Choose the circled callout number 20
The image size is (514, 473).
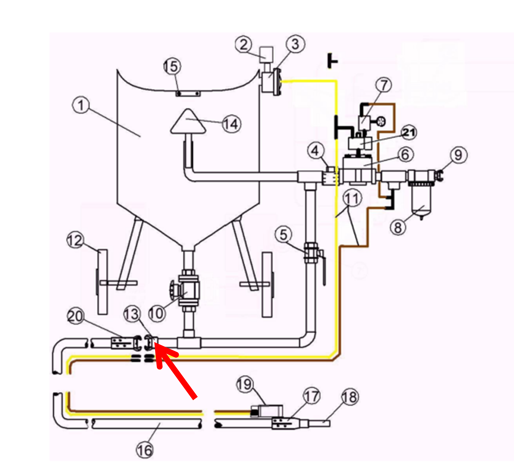75,316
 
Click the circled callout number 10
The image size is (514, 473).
157,313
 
